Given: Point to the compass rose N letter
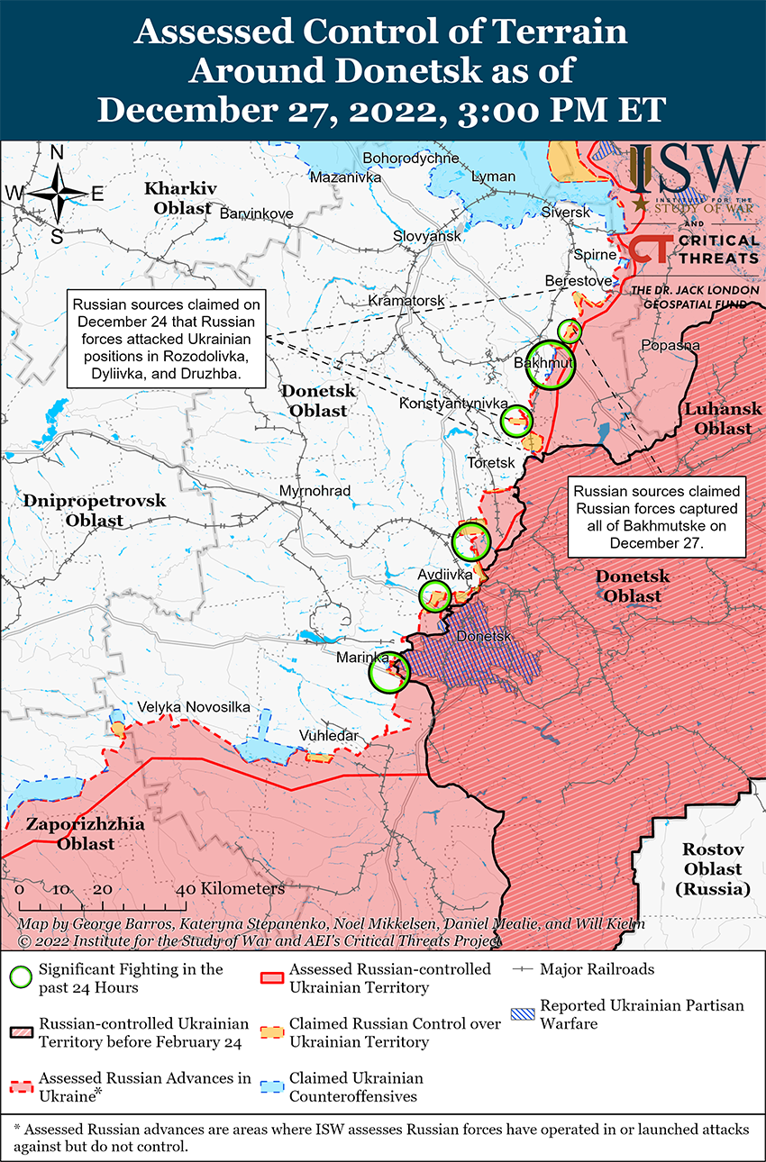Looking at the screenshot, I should pos(56,152).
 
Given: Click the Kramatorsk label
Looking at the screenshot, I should pos(407,299).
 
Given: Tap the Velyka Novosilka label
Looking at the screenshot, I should pos(193,707).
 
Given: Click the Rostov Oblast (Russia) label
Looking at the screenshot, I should pos(712,869).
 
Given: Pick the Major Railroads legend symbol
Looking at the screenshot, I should pos(522,970).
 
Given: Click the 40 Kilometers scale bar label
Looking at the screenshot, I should pos(233,889).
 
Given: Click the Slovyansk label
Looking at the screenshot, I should pos(426,236).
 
